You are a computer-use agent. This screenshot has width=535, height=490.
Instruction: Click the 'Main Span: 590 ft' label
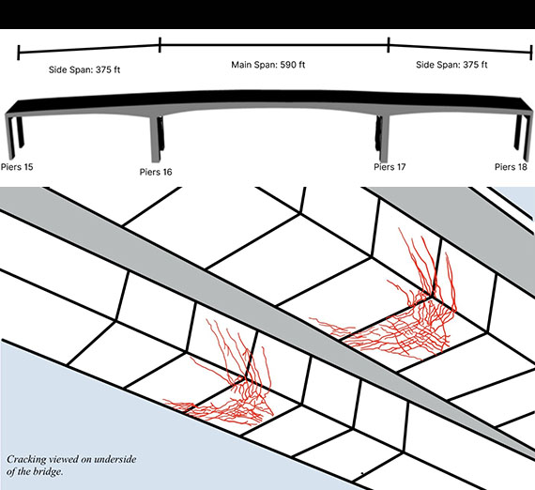[x=268, y=65]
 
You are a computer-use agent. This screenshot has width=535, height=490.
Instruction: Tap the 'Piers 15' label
[x=17, y=167]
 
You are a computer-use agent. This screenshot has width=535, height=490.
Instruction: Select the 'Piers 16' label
[x=156, y=172]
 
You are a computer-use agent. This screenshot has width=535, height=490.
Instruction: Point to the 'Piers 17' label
[x=390, y=167]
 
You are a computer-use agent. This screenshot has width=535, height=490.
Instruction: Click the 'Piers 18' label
[x=512, y=167]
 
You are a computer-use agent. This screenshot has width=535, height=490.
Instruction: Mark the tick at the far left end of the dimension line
[x=19, y=53]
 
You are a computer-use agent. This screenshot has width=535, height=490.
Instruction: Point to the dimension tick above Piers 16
[x=160, y=45]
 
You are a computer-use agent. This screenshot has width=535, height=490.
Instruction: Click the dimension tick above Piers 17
[x=389, y=45]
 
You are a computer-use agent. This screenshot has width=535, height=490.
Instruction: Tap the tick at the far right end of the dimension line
[x=531, y=53]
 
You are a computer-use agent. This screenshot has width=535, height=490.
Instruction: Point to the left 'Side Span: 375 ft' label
[x=84, y=69]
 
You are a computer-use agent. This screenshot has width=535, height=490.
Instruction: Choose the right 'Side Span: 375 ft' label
[x=451, y=65]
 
